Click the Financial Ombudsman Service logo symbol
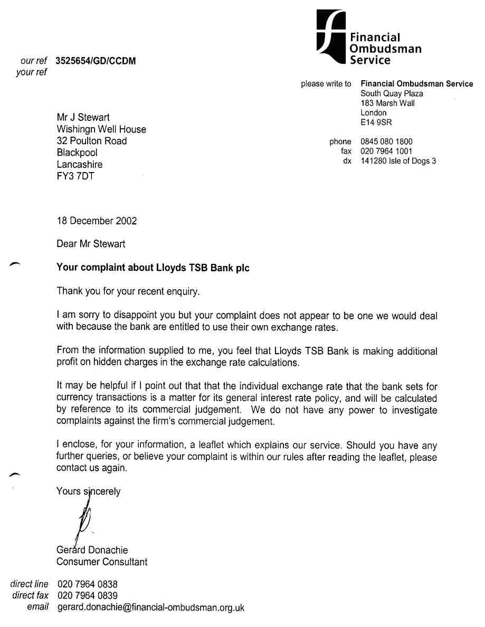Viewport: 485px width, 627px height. point(331,38)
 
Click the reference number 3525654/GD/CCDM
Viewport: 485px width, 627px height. point(96,61)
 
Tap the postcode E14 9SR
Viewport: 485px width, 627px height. point(376,122)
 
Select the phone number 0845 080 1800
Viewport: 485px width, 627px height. point(386,141)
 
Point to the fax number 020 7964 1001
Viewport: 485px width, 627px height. point(386,151)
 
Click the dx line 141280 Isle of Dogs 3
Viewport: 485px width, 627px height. point(398,161)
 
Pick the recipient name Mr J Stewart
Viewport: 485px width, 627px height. point(83,117)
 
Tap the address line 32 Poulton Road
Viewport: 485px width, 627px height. point(92,141)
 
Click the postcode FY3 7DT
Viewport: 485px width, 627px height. point(75,176)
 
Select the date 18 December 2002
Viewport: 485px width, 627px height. point(97,221)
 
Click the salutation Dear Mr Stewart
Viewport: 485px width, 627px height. point(91,244)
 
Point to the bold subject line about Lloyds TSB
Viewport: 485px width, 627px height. point(153,268)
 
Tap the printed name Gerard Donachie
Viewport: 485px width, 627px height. point(92,550)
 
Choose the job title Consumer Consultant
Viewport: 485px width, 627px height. point(102,562)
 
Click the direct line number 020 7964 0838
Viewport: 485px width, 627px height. point(87,584)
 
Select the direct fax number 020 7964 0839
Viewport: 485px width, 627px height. point(87,595)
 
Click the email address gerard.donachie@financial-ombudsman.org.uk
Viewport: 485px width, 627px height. point(150,607)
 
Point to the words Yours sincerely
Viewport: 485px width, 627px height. point(88,491)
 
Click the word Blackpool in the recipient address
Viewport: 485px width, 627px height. point(77,153)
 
